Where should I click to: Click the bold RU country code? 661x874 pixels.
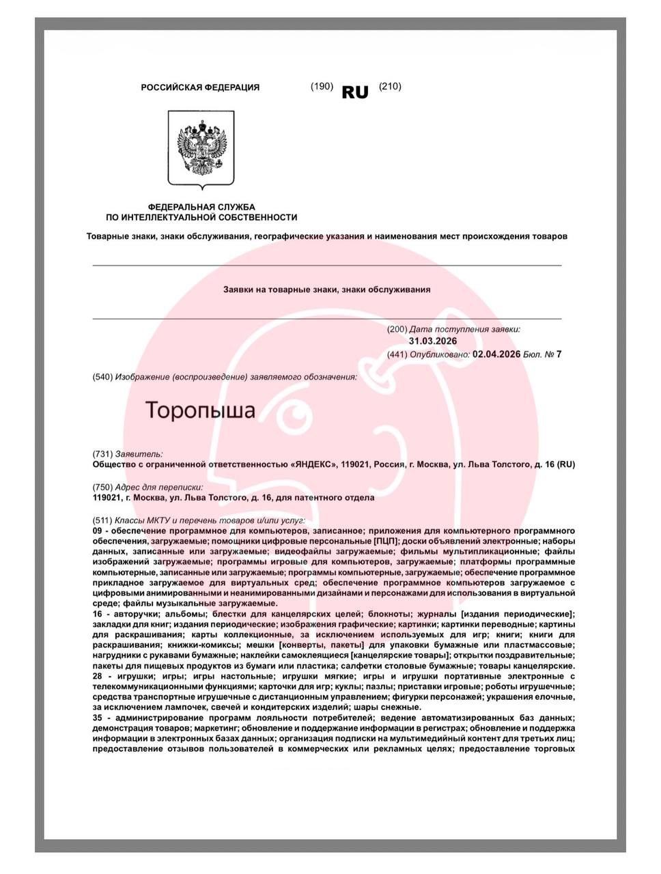[x=355, y=92]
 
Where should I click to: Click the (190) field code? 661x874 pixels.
[x=322, y=87]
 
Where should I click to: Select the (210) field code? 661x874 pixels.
[x=390, y=87]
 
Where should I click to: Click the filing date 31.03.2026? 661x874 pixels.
[x=433, y=341]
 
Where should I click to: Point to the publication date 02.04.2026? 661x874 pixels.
[x=496, y=354]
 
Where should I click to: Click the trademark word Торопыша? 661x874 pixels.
[x=200, y=410]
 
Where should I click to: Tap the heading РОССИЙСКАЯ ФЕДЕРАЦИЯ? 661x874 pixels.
[x=200, y=87]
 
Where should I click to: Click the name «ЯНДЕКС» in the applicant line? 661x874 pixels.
[x=313, y=465]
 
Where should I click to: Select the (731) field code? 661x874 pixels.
[x=102, y=454]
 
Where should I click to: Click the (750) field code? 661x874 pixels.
[x=102, y=488]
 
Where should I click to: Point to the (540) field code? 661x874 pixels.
[x=102, y=377]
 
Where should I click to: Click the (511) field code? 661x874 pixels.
[x=102, y=520]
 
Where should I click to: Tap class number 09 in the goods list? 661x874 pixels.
[x=98, y=531]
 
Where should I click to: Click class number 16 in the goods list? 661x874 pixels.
[x=98, y=615]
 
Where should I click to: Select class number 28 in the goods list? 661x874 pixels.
[x=98, y=677]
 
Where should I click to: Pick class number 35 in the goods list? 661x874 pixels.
[x=98, y=718]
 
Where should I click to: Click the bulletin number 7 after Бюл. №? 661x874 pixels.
[x=559, y=354]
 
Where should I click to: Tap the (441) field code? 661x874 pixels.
[x=397, y=354]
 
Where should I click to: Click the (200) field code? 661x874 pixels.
[x=397, y=330]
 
